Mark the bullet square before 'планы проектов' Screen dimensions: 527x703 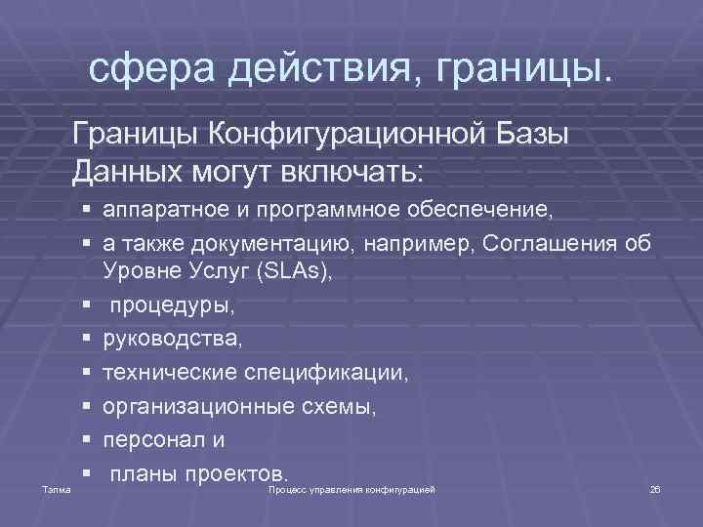(x=87, y=473)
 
